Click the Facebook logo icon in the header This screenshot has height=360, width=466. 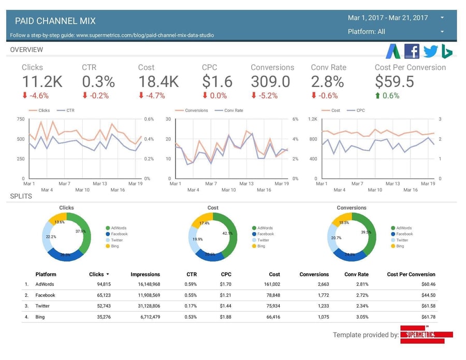(x=412, y=51)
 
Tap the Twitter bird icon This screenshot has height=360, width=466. (x=430, y=51)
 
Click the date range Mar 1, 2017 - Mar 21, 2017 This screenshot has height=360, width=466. (x=388, y=18)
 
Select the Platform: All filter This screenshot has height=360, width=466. (x=366, y=32)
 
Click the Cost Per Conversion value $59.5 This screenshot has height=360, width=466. (x=394, y=82)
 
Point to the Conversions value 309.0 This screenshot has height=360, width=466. (x=270, y=82)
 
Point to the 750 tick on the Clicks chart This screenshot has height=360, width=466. (x=20, y=119)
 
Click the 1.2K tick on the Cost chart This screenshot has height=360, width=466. (x=312, y=119)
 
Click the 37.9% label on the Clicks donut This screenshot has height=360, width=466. (x=80, y=232)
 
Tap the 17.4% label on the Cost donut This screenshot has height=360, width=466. (x=204, y=223)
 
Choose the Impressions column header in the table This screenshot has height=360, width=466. (x=145, y=275)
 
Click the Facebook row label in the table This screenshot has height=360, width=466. (x=45, y=295)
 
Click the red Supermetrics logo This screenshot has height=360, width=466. (x=426, y=335)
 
